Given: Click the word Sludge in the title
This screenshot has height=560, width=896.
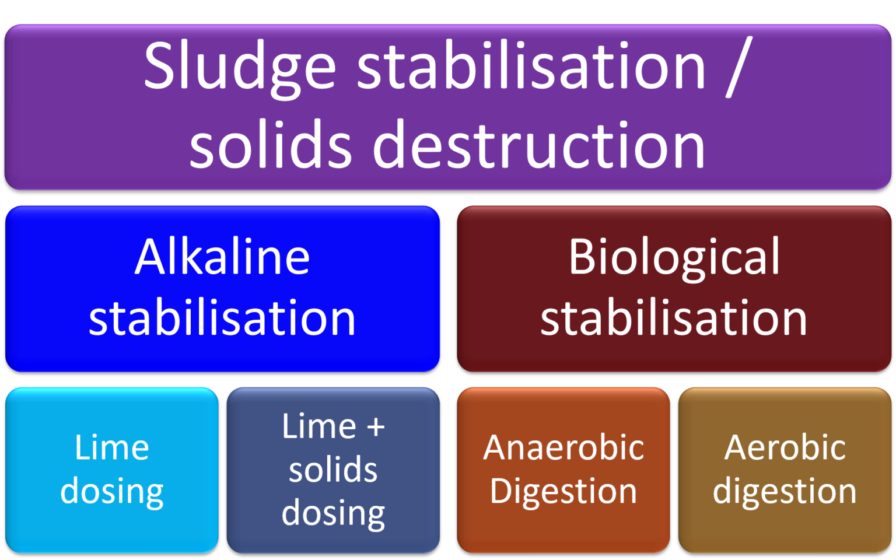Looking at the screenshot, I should [239, 67].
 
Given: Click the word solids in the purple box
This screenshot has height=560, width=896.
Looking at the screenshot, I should [271, 145].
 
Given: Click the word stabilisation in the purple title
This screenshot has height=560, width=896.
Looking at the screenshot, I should [531, 67].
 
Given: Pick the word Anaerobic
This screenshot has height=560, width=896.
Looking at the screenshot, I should [563, 448].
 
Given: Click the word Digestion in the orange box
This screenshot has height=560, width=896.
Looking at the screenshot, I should [563, 491].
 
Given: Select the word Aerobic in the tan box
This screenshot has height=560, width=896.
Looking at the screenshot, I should [785, 448].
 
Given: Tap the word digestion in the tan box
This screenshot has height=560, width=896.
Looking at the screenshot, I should [785, 491].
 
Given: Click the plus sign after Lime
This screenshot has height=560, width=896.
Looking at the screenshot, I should [376, 428].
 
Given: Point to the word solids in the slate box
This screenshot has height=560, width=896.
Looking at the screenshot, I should [333, 470].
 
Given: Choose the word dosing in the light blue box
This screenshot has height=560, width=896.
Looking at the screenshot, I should [112, 491].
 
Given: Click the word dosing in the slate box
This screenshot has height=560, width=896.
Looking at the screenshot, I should [333, 513].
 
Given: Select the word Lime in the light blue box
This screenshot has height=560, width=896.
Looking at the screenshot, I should [112, 448].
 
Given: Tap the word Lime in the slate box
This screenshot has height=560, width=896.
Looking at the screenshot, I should [319, 426].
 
